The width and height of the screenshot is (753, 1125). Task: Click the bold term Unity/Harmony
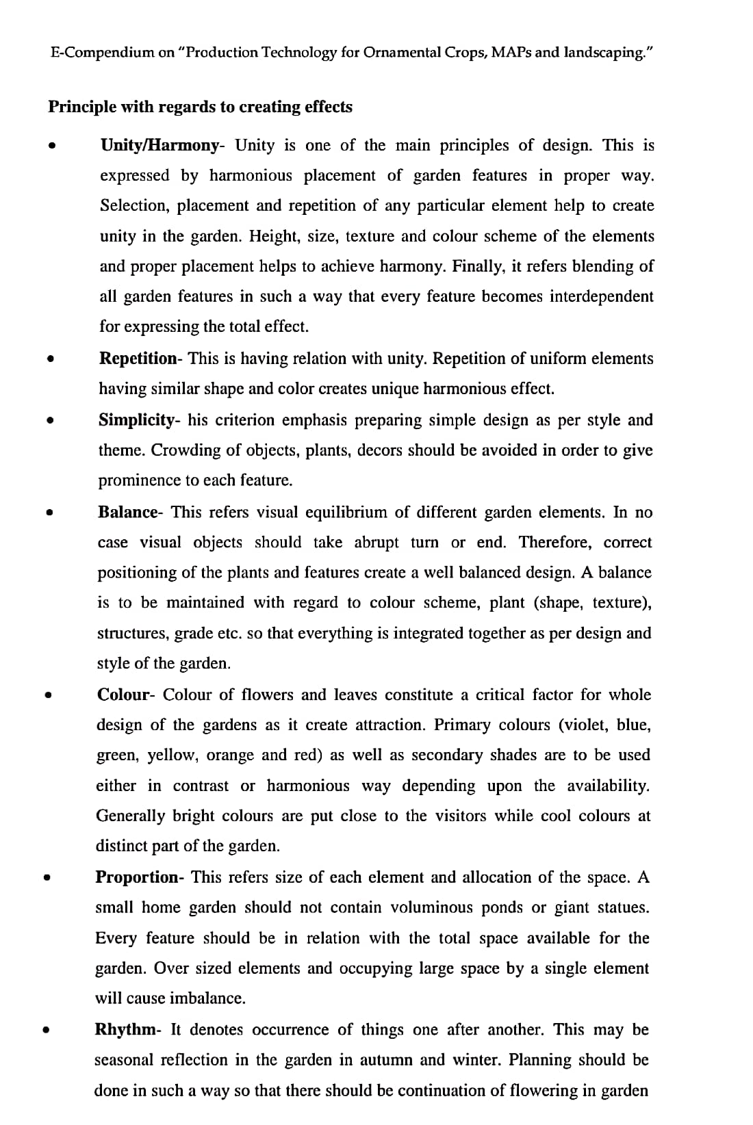159,146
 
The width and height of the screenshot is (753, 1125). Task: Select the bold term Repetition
138,359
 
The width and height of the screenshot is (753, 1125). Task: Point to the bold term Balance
128,513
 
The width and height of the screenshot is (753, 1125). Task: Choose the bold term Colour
124,695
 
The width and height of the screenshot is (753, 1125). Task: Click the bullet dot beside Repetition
50,358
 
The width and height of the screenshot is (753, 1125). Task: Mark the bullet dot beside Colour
48,695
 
